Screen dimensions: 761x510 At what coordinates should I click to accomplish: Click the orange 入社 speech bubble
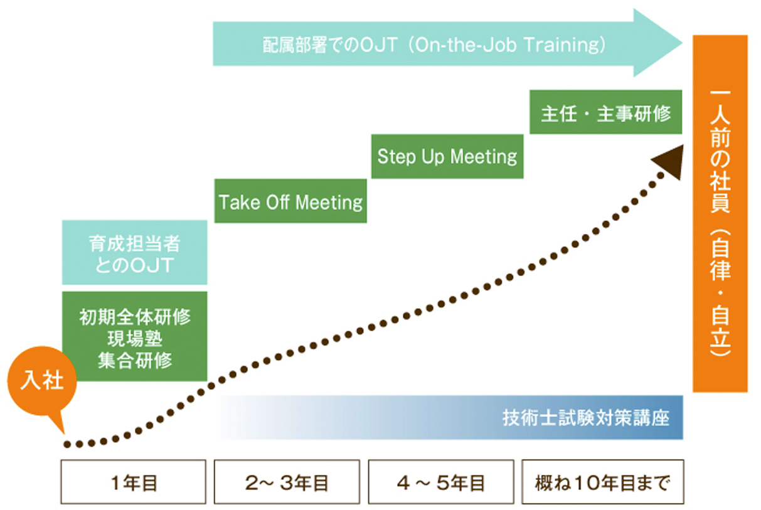tap(42, 381)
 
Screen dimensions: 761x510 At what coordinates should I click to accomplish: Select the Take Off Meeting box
tap(290, 201)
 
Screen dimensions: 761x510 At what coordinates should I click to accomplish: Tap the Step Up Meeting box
tap(447, 157)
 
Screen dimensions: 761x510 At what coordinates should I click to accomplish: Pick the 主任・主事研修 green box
tap(605, 112)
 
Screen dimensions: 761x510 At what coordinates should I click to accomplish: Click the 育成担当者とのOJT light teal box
tap(134, 252)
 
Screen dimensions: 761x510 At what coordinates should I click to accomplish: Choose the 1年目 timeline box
tap(134, 482)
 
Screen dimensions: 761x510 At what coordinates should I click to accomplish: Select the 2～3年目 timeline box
tap(287, 482)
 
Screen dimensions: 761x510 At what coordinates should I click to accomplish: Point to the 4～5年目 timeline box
tap(441, 482)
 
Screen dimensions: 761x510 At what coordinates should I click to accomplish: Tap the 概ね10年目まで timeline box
tap(603, 482)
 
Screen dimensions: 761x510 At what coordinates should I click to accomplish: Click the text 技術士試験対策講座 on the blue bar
tap(586, 418)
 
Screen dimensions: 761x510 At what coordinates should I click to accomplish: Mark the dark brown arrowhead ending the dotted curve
tap(669, 162)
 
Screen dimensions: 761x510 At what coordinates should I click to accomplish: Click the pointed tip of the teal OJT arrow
tap(682, 43)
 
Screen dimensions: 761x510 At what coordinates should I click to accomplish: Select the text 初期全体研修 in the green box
tap(135, 317)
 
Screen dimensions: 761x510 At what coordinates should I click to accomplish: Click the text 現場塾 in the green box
tap(135, 339)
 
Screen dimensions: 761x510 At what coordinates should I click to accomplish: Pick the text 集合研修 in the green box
tap(135, 361)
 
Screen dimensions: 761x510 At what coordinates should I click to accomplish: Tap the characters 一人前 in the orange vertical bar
tap(720, 119)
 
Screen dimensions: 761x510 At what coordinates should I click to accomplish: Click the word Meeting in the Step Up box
tap(484, 157)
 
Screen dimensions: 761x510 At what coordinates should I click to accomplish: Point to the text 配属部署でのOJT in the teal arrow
tap(330, 45)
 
